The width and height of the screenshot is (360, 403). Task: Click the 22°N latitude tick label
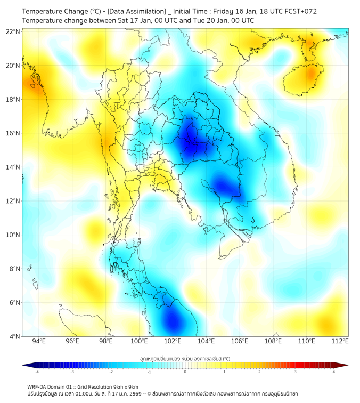(x=13, y=32)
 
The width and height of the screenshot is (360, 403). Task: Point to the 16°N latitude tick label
(x=13, y=133)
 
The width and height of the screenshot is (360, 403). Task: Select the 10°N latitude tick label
(x=13, y=235)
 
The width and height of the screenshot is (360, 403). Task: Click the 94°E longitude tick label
(x=39, y=341)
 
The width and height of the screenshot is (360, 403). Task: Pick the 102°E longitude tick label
(x=173, y=341)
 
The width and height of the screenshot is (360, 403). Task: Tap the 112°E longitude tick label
(x=340, y=341)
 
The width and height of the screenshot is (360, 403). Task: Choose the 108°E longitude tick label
(x=273, y=341)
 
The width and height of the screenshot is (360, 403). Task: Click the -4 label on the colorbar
(x=36, y=372)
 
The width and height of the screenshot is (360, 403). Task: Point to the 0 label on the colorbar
(x=185, y=372)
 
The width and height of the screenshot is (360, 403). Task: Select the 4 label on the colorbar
(x=334, y=372)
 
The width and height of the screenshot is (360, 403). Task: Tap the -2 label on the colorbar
(x=110, y=372)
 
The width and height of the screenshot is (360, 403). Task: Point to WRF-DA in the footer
(x=39, y=386)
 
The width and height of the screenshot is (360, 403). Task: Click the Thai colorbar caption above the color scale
(x=185, y=358)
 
